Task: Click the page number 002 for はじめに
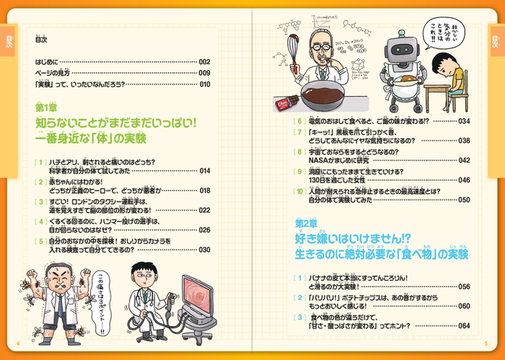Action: (x=204, y=62)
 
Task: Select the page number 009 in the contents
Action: (x=204, y=73)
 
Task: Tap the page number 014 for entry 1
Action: (x=204, y=171)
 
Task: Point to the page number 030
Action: (x=204, y=250)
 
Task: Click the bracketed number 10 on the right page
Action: (x=300, y=190)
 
